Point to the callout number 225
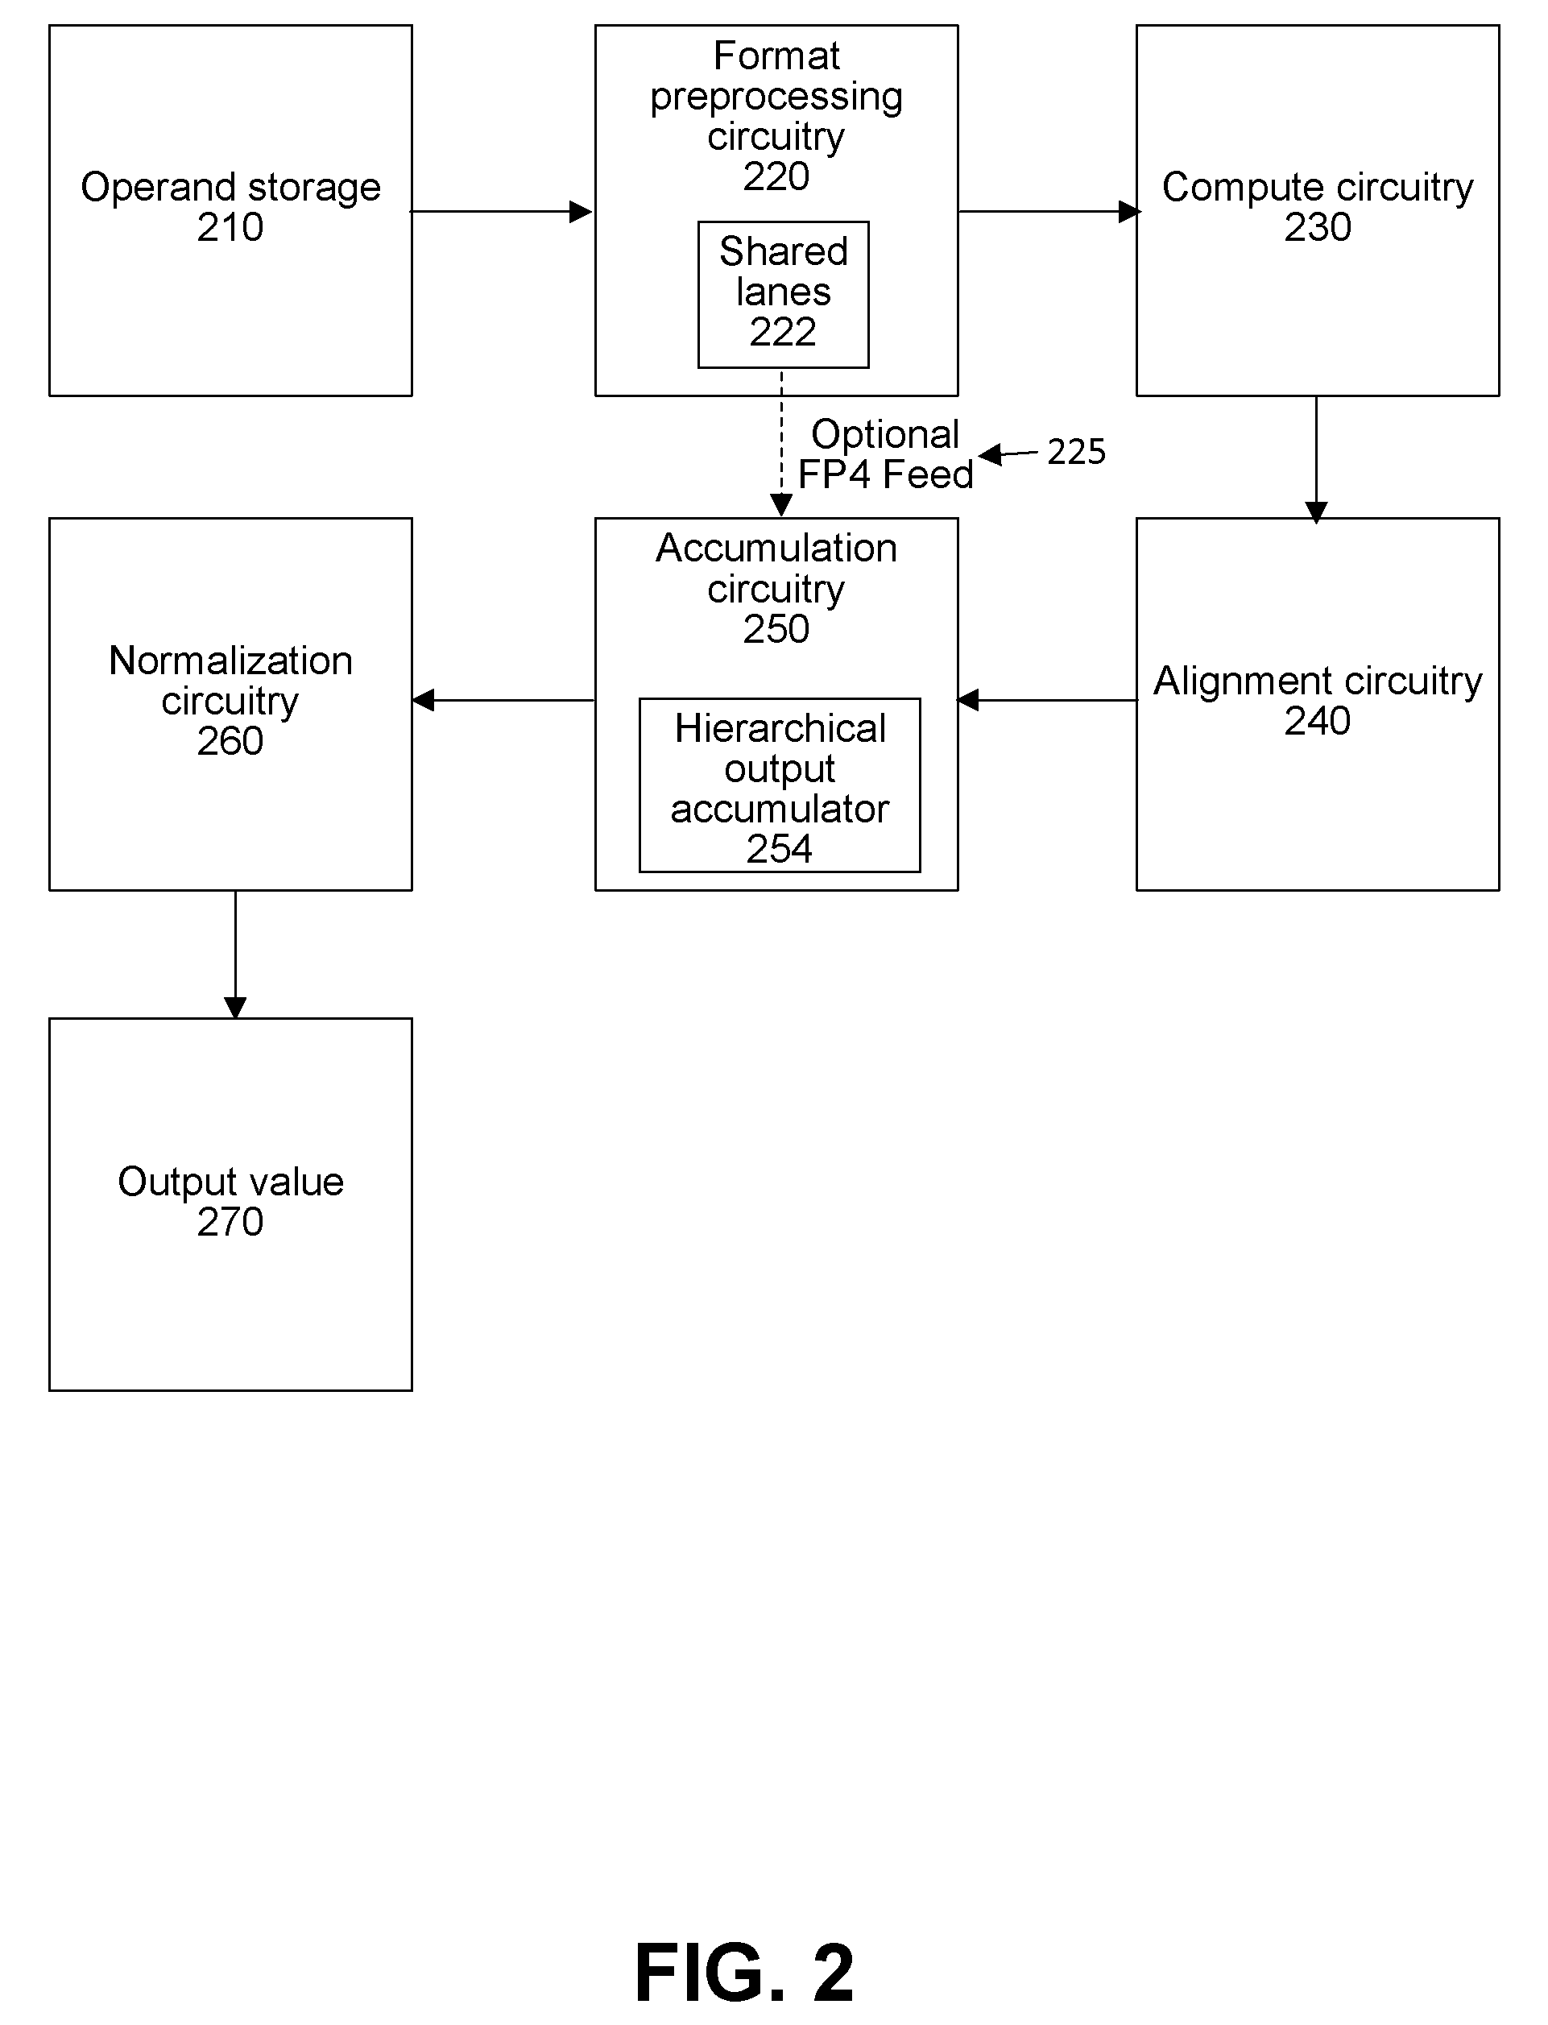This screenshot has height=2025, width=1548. click(1076, 451)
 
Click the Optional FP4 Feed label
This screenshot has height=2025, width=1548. click(885, 454)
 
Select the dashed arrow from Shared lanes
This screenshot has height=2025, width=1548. click(781, 442)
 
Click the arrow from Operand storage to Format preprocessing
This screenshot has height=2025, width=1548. click(501, 212)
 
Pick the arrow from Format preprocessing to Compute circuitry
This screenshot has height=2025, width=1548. click(1049, 212)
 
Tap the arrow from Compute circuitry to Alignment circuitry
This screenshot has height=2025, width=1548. click(1316, 459)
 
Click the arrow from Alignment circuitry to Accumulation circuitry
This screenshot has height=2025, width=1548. click(1048, 700)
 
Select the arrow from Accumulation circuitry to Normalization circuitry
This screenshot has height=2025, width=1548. click(504, 700)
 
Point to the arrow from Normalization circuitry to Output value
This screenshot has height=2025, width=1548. click(235, 955)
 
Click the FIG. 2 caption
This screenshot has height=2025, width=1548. click(744, 1973)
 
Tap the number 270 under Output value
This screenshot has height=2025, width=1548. click(230, 1223)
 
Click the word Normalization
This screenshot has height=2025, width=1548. click(230, 661)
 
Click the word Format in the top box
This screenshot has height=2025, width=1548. click(776, 56)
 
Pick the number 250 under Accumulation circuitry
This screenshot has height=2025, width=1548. click(776, 629)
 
